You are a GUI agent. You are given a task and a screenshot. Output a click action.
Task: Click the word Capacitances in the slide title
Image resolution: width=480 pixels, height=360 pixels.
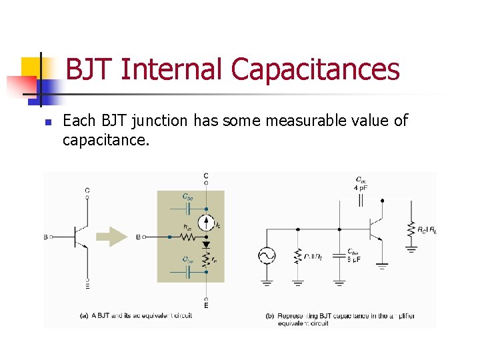315,69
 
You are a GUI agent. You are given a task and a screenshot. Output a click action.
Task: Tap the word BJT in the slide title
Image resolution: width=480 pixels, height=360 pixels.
91,69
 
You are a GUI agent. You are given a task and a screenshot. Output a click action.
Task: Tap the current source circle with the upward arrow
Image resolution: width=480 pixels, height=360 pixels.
206,223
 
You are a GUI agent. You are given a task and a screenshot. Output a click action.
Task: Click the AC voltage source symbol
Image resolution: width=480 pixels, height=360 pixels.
267,255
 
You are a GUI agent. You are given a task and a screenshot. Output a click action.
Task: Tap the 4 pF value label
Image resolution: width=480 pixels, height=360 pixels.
361,187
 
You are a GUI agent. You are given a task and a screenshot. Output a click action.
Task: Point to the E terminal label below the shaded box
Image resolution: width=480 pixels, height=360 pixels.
206,305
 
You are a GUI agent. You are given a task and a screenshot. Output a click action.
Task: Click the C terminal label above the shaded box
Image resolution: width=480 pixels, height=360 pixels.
205,177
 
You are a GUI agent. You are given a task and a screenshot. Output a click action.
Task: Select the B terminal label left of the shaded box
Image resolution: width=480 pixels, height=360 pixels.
138,236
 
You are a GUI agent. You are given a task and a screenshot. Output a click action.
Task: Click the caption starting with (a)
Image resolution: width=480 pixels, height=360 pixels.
137,315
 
